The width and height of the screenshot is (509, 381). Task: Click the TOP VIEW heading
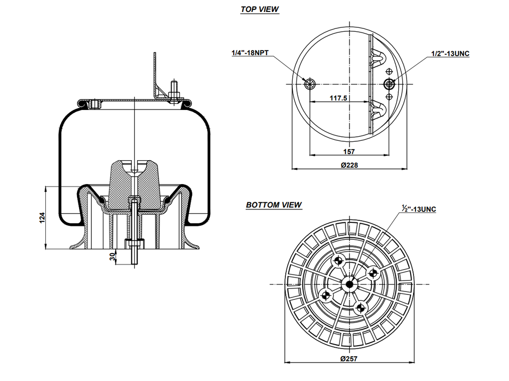pos(259,9)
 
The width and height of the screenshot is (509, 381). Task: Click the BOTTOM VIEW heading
pos(274,204)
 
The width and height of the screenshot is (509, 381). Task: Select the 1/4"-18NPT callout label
pos(250,52)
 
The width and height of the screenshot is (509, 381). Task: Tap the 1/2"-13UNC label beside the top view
pos(450,53)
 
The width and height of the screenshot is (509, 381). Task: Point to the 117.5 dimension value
pos(339,98)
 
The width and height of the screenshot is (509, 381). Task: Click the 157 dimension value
pos(349,151)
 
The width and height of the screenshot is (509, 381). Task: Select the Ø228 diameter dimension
pos(350,165)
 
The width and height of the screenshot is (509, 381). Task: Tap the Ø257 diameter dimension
pos(349,358)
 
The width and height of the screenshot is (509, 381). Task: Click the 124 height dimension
pos(42,217)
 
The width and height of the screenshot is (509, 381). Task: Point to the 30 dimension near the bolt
pos(112,257)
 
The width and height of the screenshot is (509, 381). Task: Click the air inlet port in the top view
pos(310,83)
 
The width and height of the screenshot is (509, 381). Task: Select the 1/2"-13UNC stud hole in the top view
pos(389,83)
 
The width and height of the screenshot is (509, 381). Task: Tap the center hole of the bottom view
pos(349,284)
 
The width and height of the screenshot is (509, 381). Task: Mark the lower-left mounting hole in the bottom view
pos(326,295)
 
